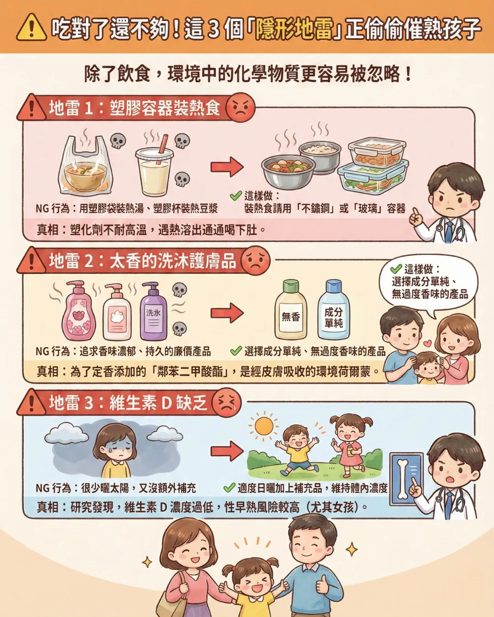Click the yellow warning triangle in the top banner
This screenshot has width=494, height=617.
pos(31,27)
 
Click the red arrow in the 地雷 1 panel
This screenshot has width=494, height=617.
pos(227,167)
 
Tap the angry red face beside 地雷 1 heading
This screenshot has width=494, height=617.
pos(240,108)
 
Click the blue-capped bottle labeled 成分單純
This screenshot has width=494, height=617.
pos(333,311)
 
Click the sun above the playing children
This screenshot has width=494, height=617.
pos(263,426)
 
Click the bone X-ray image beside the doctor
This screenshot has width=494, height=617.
pos(405,478)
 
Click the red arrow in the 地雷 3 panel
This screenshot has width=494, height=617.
pos(227,451)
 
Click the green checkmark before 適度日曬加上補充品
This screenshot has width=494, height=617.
pos(229,488)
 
